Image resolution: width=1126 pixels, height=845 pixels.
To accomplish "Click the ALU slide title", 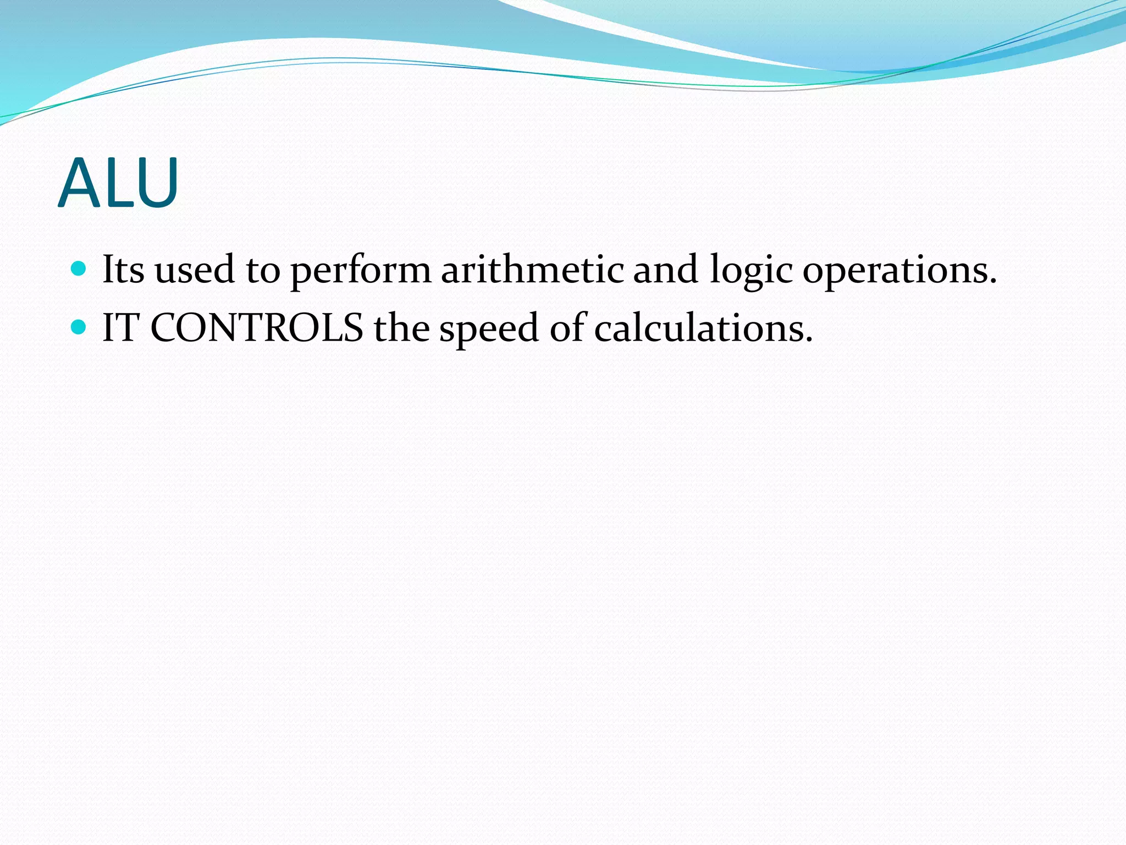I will point(118,183).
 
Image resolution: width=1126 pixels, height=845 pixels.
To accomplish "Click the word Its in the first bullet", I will point(123,270).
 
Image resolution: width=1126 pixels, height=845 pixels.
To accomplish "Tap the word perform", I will point(361,271).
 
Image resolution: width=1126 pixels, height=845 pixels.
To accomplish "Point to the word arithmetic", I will point(532,270).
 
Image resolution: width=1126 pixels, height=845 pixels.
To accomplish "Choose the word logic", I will point(751,271).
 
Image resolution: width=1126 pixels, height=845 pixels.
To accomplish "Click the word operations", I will point(895,271).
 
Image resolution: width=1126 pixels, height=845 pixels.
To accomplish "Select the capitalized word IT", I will point(120,328).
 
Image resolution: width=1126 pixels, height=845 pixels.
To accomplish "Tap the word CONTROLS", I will point(256,328).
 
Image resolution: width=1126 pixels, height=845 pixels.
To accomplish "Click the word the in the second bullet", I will point(401,328).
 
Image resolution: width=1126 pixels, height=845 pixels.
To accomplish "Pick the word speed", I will point(489,329).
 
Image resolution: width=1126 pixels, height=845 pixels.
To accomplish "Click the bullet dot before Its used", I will point(79,269).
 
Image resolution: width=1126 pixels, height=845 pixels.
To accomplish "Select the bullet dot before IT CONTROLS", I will point(79,327).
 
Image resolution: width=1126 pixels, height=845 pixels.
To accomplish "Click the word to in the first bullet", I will point(263,271).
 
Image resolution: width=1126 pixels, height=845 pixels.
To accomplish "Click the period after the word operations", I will point(992,282).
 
